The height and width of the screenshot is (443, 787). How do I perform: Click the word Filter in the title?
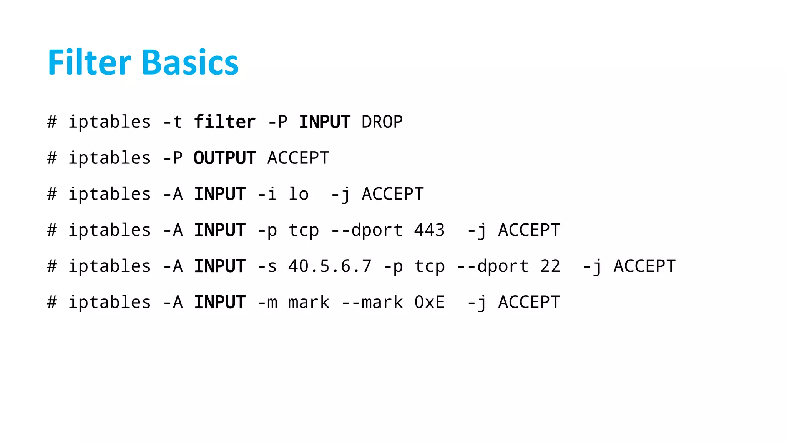89,62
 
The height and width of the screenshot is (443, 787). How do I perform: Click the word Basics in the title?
190,62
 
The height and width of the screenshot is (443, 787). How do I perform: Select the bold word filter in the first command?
224,122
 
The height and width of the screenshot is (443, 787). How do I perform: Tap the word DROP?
382,122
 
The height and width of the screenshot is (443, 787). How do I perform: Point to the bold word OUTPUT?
224,158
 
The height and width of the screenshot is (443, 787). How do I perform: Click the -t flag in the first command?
173,122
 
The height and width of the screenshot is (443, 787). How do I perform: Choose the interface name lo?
299,194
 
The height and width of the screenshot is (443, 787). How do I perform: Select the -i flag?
267,194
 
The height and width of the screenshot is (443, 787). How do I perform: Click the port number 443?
429,230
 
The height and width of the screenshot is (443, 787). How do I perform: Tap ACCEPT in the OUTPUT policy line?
298,158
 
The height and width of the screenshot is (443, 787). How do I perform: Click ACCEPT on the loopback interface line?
392,194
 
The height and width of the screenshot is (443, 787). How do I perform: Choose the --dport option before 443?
367,230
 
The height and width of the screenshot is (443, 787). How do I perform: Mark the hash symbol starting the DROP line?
52,122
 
